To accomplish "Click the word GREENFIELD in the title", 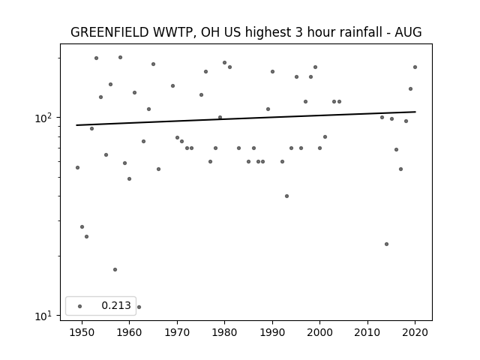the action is (109, 32).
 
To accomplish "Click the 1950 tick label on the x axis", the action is (82, 332).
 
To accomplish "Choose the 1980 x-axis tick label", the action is (224, 332).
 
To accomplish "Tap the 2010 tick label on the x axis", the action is (367, 332).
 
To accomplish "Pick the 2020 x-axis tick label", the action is (415, 332).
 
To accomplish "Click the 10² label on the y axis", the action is (43, 118).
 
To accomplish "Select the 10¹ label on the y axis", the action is (43, 316).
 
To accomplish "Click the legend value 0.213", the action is (116, 305).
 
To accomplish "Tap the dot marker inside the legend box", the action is (80, 306).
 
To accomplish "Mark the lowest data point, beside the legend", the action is (139, 307).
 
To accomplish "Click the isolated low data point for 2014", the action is (386, 244).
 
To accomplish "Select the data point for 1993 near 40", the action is (286, 196).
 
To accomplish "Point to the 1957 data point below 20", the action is (115, 270).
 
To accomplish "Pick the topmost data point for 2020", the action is (415, 67).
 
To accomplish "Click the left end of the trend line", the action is (76, 125).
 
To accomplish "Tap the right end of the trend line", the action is (415, 112).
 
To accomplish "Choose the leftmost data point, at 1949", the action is (77, 167).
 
